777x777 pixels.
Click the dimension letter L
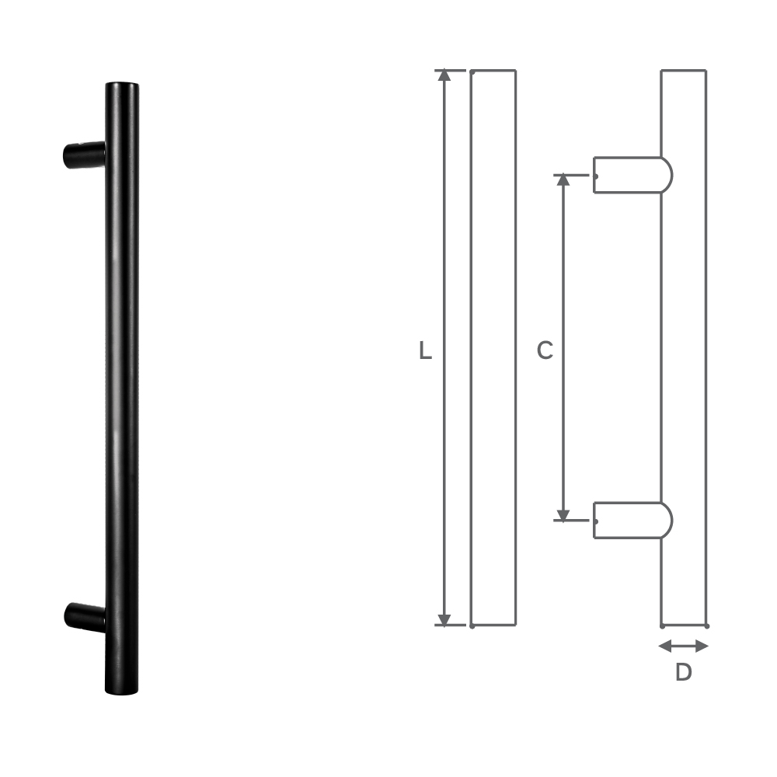coord(424,351)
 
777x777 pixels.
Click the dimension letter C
coord(545,351)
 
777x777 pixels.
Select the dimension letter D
coord(683,672)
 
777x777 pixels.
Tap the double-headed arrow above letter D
coord(683,646)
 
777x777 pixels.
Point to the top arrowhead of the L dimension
coord(444,75)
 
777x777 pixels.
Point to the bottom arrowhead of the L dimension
coord(444,620)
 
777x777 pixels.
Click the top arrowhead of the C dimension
coord(563,179)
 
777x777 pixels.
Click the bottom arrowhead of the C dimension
coord(563,514)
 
